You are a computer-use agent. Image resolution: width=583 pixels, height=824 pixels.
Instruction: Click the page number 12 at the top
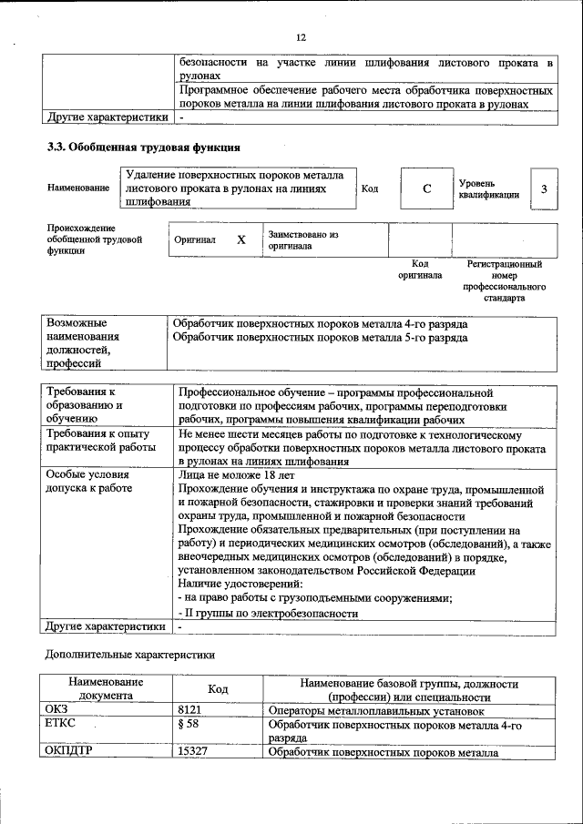pos(300,36)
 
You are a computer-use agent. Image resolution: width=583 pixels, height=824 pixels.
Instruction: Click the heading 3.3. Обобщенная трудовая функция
pos(143,147)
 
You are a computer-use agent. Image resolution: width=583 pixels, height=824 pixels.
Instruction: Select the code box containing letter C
pos(426,188)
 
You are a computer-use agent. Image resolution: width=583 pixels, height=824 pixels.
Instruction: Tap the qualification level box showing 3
pos(544,188)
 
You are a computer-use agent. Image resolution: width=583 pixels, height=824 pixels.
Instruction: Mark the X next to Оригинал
pos(241,240)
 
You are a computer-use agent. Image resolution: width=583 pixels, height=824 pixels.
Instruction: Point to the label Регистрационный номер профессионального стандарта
pos(504,280)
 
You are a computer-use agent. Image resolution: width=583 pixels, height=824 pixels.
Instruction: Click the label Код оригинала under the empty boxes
pos(420,269)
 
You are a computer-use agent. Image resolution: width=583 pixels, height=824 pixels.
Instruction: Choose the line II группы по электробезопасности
pos(269,614)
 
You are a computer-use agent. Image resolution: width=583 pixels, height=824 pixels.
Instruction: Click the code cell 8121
pos(189,710)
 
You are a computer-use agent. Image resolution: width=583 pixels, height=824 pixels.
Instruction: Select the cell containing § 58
pos(189,725)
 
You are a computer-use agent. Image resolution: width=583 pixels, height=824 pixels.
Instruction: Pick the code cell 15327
pos(194,752)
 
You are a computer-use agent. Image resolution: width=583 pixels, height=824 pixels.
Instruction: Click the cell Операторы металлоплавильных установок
pos(376,710)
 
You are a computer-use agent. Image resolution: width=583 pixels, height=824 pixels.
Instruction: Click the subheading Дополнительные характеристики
pos(130,655)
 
